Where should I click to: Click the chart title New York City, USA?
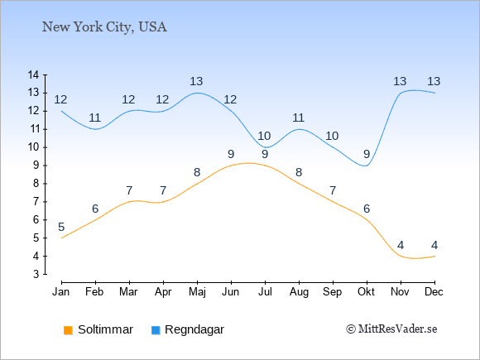[104, 27]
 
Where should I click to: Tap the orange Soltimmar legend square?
[68, 330]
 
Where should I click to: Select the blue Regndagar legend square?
[156, 330]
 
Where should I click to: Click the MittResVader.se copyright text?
[391, 329]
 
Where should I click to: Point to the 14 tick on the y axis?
[33, 74]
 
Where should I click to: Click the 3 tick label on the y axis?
[36, 274]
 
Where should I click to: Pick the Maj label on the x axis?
[197, 292]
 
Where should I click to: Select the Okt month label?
[366, 292]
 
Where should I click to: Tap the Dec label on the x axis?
[434, 292]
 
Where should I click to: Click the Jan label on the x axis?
[61, 292]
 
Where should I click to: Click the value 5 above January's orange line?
[61, 227]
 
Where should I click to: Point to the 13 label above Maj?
[196, 81]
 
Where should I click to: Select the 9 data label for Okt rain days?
[367, 154]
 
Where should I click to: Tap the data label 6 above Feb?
[95, 209]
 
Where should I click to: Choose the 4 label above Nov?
[401, 245]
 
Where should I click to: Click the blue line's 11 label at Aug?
[298, 118]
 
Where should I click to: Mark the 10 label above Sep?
[332, 136]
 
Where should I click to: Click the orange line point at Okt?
[367, 220]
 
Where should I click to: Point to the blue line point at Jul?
[265, 147]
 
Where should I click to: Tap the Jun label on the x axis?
[231, 292]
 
